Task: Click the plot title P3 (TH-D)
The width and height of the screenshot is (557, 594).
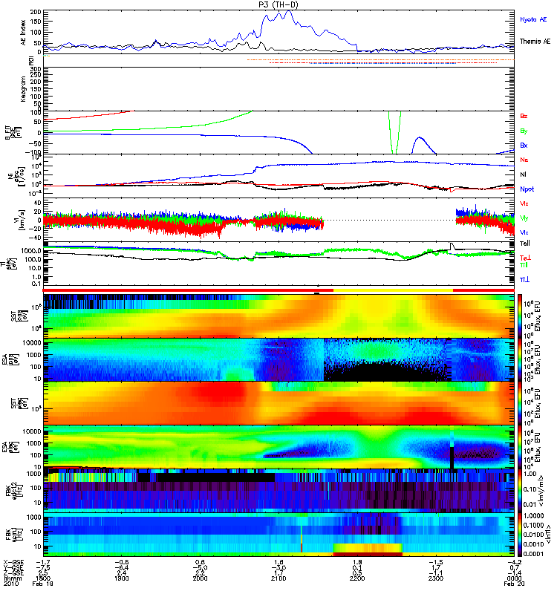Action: (x=278, y=4)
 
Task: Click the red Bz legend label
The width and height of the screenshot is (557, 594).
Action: (x=524, y=117)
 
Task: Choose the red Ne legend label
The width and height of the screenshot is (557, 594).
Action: (x=524, y=160)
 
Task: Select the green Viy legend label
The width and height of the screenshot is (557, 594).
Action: (x=524, y=218)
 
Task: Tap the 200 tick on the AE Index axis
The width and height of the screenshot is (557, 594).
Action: (x=36, y=13)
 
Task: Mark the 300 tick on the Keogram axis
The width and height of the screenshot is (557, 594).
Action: (x=36, y=70)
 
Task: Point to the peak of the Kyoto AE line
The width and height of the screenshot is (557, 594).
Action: (x=284, y=11)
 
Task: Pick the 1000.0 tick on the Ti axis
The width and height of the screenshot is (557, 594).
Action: (x=31, y=251)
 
